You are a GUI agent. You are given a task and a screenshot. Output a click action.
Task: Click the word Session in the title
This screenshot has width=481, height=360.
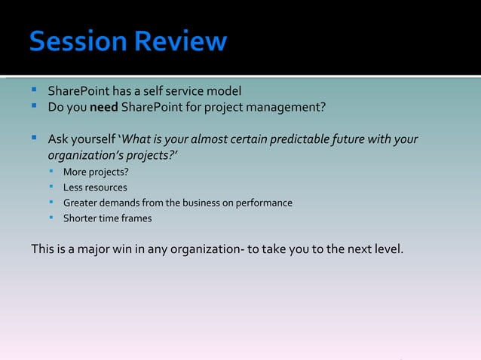pyautogui.click(x=78, y=41)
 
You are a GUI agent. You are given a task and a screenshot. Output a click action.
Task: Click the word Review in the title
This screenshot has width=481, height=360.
pyautogui.click(x=180, y=41)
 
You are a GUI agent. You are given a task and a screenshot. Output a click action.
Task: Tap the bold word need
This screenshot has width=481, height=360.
pyautogui.click(x=102, y=107)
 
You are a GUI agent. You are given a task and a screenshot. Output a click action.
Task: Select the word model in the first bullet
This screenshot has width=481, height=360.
pyautogui.click(x=224, y=91)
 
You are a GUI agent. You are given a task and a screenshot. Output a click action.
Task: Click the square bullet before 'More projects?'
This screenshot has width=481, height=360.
pyautogui.click(x=51, y=172)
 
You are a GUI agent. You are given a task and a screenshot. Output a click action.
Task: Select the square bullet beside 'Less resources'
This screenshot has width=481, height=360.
pyautogui.click(x=51, y=187)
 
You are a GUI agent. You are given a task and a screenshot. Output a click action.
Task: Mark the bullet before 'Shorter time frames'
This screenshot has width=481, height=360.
pyautogui.click(x=51, y=218)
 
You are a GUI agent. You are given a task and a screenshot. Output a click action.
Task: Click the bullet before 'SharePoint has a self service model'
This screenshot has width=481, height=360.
pyautogui.click(x=35, y=90)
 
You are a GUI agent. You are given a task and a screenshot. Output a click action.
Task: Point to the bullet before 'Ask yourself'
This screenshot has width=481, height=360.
pyautogui.click(x=35, y=139)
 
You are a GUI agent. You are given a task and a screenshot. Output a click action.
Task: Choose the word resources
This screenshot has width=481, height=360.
pyautogui.click(x=106, y=188)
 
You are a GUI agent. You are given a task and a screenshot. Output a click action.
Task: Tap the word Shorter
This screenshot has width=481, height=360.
pyautogui.click(x=81, y=218)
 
